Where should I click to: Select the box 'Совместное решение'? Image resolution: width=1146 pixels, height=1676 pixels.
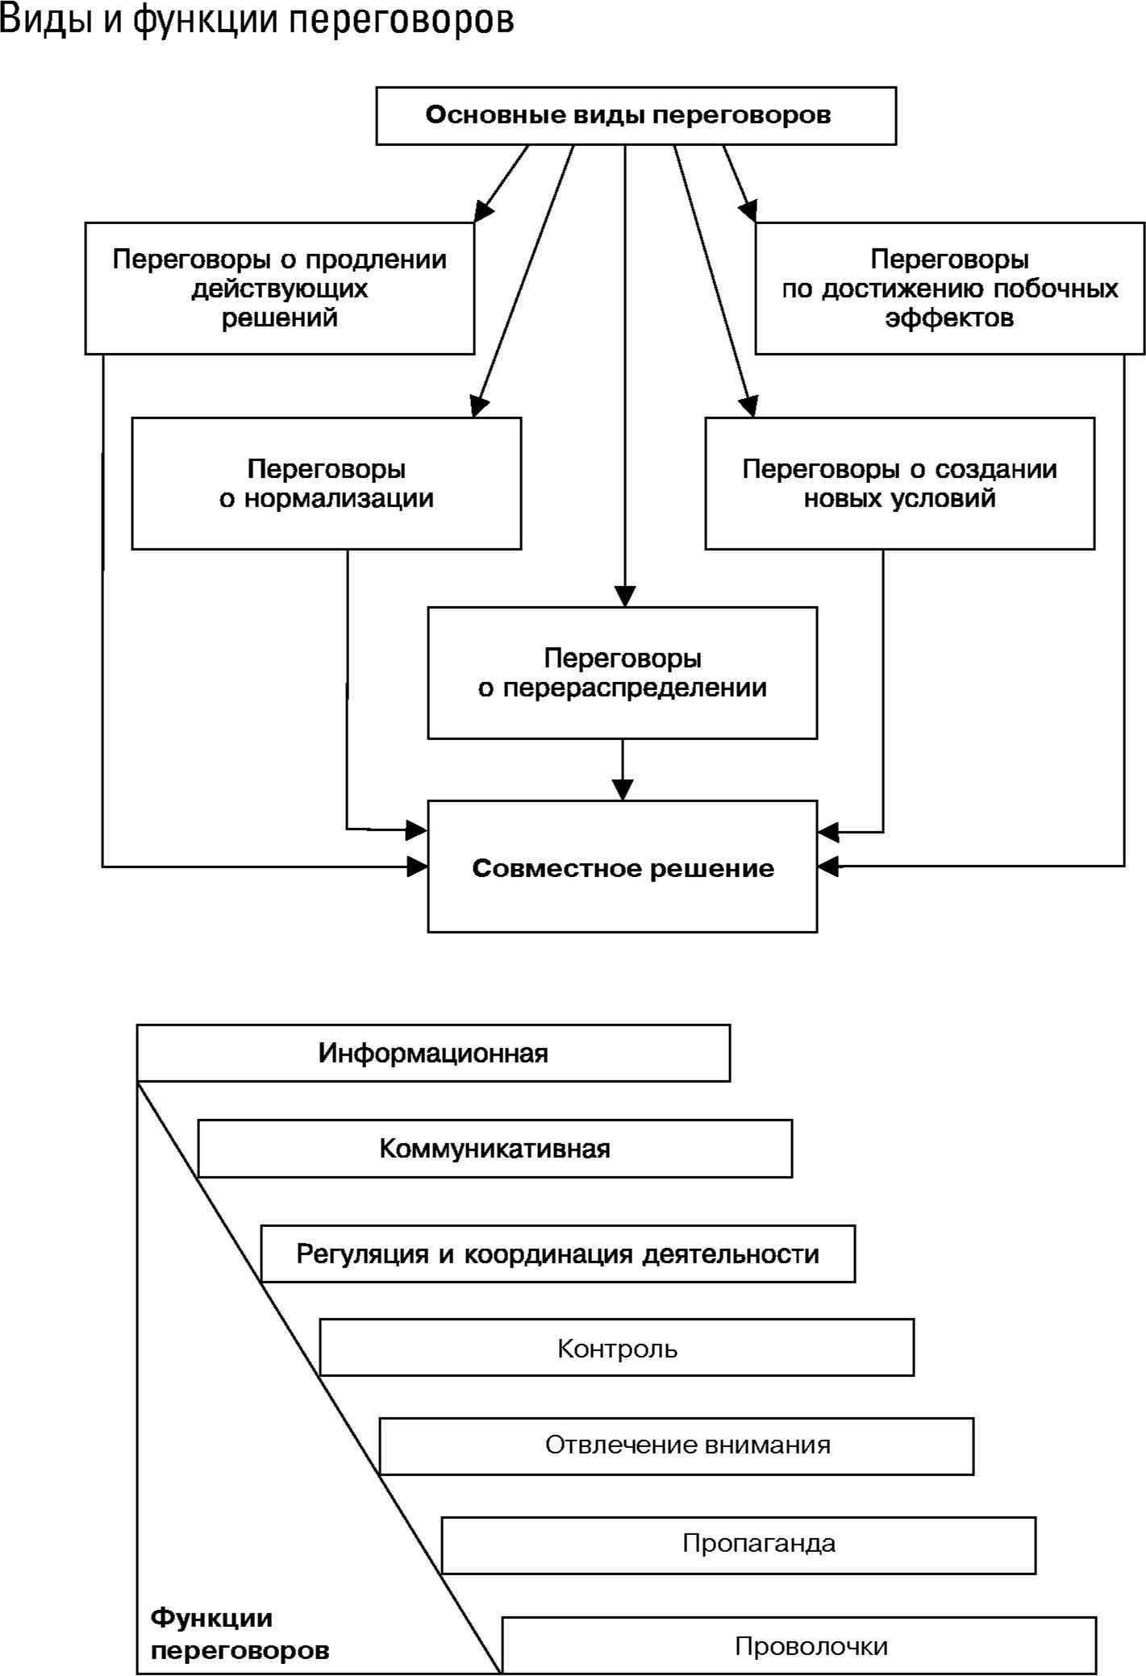(622, 867)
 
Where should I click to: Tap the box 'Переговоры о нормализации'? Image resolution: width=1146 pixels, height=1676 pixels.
(326, 484)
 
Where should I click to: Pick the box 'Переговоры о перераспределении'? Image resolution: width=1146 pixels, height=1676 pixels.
(622, 672)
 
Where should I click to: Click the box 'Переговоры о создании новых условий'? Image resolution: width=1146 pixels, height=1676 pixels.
(899, 484)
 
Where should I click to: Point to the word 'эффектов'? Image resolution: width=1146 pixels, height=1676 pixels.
(949, 318)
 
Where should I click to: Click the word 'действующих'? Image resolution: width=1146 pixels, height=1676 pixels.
(279, 289)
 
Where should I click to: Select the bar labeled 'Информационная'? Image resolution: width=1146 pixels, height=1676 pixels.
(433, 1054)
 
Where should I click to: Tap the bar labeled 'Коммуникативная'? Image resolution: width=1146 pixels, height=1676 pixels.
(494, 1149)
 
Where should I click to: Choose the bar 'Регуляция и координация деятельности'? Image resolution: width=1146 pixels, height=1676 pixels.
(557, 1254)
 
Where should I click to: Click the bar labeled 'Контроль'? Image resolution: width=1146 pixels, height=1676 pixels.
(617, 1349)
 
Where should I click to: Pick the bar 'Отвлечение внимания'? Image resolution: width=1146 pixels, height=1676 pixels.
(687, 1445)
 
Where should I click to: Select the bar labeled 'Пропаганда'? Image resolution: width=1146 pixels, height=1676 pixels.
(758, 1544)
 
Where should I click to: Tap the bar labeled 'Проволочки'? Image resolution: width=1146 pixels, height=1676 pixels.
(811, 1646)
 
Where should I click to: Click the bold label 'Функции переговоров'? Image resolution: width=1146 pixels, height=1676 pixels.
(240, 1634)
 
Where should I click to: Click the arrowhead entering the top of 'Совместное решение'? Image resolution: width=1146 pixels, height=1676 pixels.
(623, 790)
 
